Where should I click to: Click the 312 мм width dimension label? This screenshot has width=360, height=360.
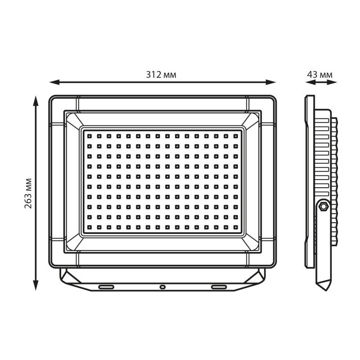pyautogui.click(x=161, y=75)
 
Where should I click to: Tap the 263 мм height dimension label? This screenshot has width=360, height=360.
pyautogui.click(x=28, y=193)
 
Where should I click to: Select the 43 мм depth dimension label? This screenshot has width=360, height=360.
pyautogui.click(x=319, y=75)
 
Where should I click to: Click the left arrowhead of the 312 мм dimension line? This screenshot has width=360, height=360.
pyautogui.click(x=54, y=82)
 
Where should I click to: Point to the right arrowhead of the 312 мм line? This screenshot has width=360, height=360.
pyautogui.click(x=271, y=82)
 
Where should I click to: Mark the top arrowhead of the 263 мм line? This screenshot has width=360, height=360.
pyautogui.click(x=36, y=101)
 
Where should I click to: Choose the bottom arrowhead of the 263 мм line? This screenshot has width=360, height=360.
pyautogui.click(x=36, y=285)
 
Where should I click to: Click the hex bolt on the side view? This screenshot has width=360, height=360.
pyautogui.click(x=324, y=207)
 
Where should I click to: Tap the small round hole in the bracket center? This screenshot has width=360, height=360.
pyautogui.click(x=162, y=287)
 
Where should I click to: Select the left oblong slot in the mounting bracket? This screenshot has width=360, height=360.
pyautogui.click(x=106, y=287)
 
